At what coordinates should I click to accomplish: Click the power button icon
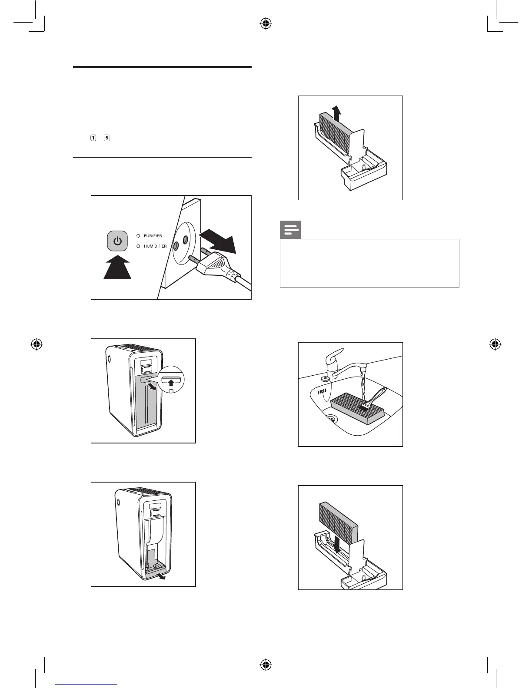pos(117,241)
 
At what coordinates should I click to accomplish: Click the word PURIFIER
pos(153,236)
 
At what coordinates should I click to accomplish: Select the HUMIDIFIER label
pos(155,246)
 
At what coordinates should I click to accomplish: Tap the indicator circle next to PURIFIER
pos(139,236)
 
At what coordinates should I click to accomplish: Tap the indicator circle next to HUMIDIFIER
pos(139,246)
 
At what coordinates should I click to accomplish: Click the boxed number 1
pos(93,138)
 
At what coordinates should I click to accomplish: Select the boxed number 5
pos(107,138)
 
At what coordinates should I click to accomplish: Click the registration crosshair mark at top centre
pos(266,24)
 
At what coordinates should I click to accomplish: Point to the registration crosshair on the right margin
pos(494,344)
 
